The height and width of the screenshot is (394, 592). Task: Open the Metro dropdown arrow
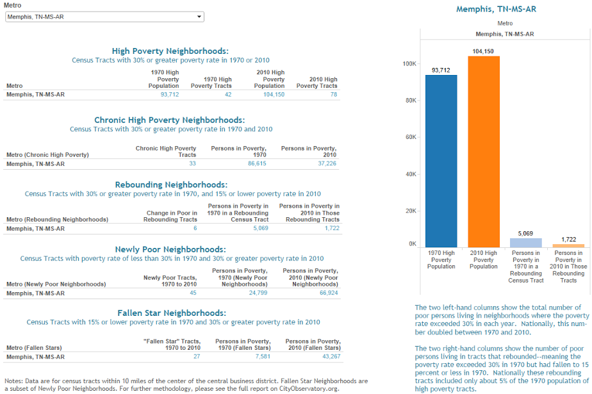point(199,17)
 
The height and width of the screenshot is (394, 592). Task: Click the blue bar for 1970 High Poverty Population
point(441,161)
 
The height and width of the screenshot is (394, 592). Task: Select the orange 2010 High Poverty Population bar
point(484,152)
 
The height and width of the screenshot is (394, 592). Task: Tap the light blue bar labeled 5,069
point(525,243)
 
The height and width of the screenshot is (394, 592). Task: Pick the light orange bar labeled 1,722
point(568,245)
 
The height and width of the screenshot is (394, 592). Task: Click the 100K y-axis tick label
point(409,64)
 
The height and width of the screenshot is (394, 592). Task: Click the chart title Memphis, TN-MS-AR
point(496,9)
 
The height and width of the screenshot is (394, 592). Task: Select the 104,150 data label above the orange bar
point(483,51)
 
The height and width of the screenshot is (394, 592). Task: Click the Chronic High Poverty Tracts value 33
point(193,163)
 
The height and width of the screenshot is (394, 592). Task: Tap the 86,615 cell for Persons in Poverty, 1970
point(257,163)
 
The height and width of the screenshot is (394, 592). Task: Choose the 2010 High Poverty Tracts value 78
point(334,94)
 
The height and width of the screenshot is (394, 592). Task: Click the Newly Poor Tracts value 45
point(193,293)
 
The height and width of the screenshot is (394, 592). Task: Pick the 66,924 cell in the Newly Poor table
point(329,293)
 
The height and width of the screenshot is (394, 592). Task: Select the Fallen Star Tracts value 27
point(197,356)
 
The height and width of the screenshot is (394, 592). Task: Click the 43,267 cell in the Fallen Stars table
point(331,356)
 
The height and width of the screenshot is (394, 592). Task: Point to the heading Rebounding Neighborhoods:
point(172,185)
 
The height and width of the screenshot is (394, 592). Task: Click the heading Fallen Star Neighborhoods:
point(172,313)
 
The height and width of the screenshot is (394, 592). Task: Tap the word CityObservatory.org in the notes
point(308,388)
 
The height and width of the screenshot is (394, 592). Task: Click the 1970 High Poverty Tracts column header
point(211,83)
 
